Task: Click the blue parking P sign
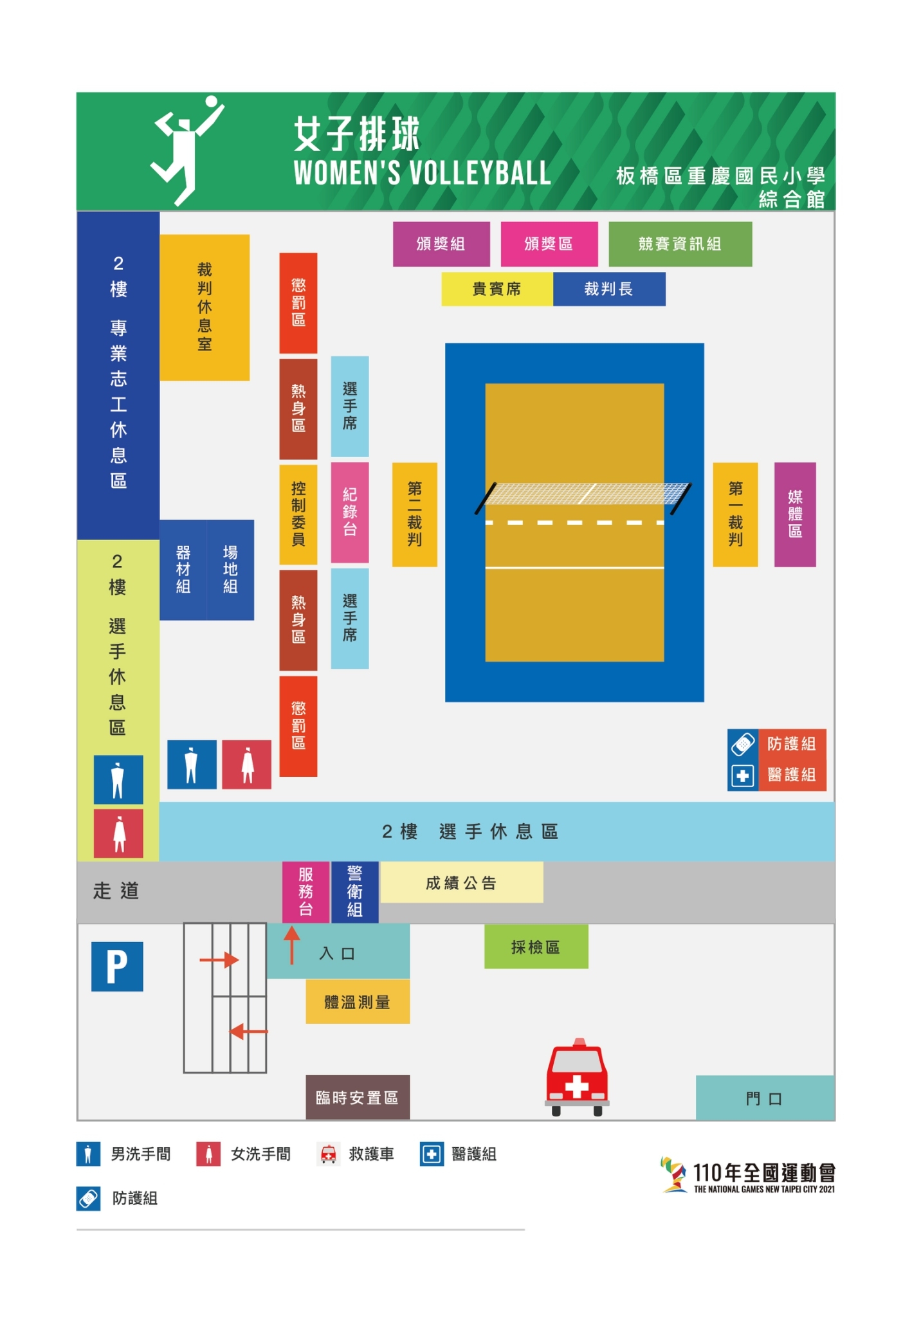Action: point(117,966)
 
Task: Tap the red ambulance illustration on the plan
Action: point(577,1078)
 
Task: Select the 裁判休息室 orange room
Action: point(205,307)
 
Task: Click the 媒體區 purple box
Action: point(795,514)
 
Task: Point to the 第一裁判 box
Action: point(735,514)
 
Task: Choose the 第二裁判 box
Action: point(415,514)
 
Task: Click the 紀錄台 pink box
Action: point(350,513)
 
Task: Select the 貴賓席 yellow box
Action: point(497,289)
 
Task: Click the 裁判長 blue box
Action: point(609,289)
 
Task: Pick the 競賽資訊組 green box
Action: point(680,244)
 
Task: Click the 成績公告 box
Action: point(462,882)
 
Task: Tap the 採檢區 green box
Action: point(536,947)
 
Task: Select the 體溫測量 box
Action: point(358,1001)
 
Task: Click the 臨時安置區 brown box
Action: point(358,1097)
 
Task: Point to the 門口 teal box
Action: point(765,1098)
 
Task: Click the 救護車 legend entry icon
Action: point(329,1154)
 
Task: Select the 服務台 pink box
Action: point(306,892)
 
